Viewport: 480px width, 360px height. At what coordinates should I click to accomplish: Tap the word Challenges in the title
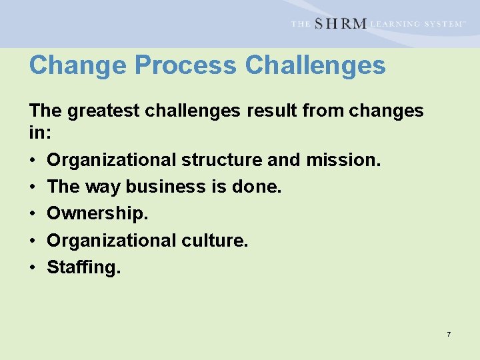[x=315, y=66]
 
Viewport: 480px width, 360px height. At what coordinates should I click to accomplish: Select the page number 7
[x=449, y=334]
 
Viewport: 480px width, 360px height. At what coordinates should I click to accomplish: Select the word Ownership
[x=97, y=214]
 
